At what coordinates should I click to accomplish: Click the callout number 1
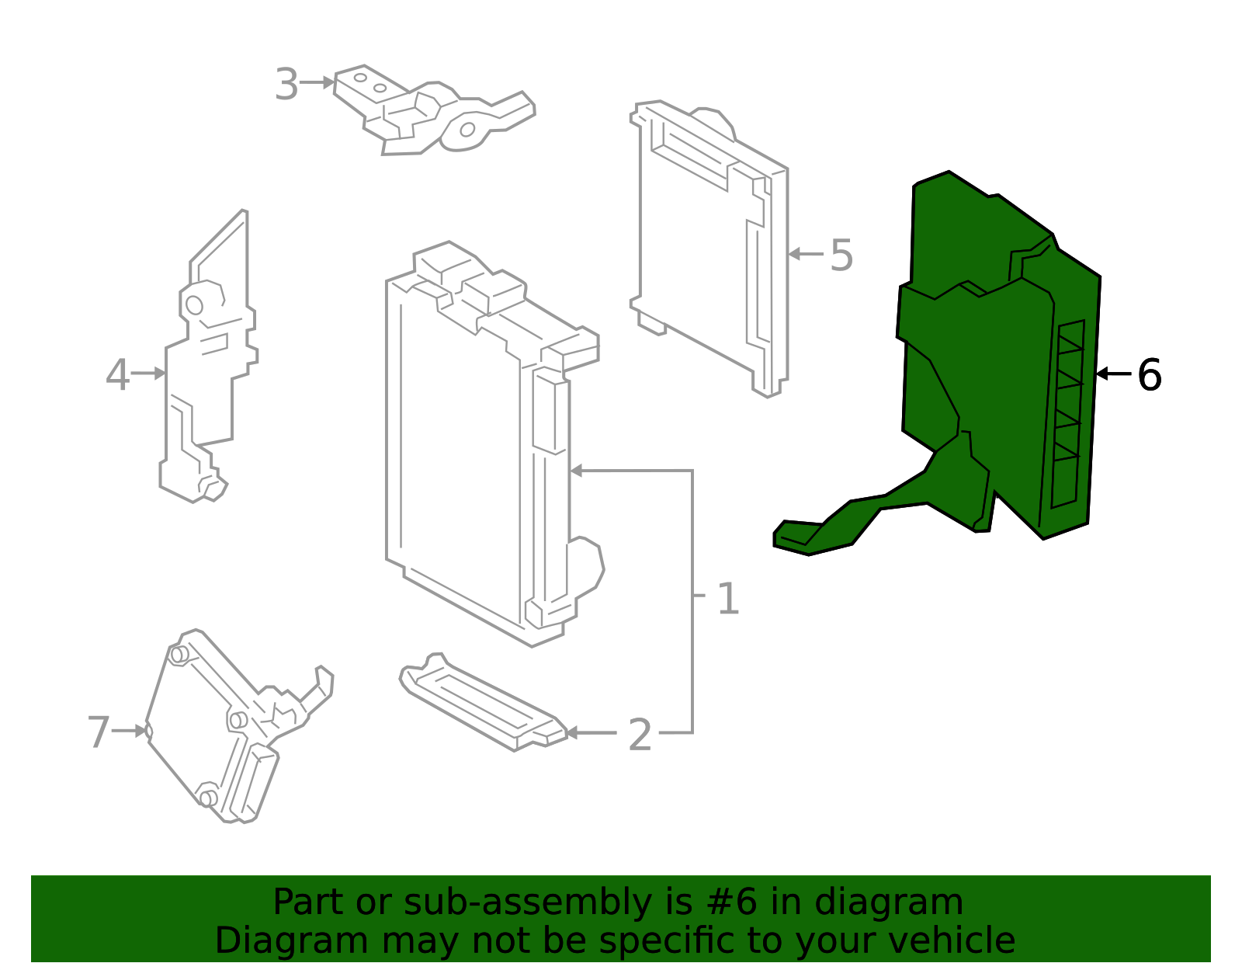point(727,599)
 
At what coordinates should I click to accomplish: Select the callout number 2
point(640,735)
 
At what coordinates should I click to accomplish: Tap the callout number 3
point(286,85)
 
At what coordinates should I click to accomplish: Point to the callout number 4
point(117,375)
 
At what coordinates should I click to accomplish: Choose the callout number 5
point(841,255)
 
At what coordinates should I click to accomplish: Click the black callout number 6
point(1149,375)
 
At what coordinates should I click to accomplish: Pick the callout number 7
point(99,732)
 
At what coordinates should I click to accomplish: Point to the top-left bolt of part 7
point(178,655)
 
